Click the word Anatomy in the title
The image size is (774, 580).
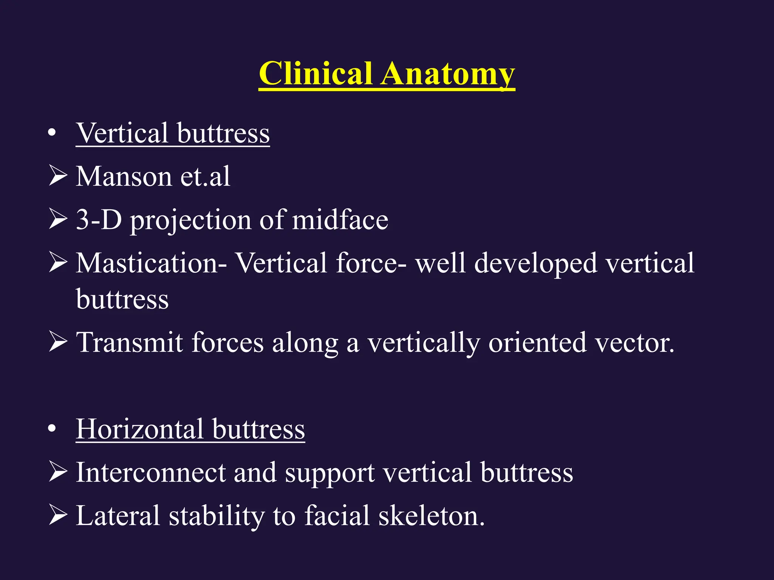[x=447, y=74]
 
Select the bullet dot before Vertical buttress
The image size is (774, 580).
[x=52, y=133]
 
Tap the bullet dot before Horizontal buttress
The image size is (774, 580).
[x=52, y=429]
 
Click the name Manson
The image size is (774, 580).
[x=124, y=176]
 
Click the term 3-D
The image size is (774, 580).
[x=99, y=220]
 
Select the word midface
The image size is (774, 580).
[x=340, y=220]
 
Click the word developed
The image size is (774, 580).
[x=536, y=263]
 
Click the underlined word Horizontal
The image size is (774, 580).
[x=140, y=429]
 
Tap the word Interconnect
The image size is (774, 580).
[x=150, y=472]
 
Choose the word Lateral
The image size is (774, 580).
[x=118, y=516]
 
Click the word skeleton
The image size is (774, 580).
[x=431, y=516]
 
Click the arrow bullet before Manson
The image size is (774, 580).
[x=58, y=176]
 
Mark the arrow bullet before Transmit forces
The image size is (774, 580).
[x=58, y=342]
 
